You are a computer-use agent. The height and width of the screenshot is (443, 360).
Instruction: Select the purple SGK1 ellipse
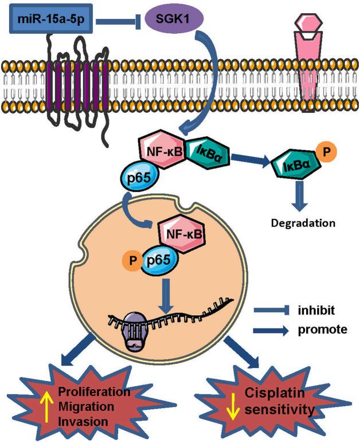(x=180, y=22)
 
